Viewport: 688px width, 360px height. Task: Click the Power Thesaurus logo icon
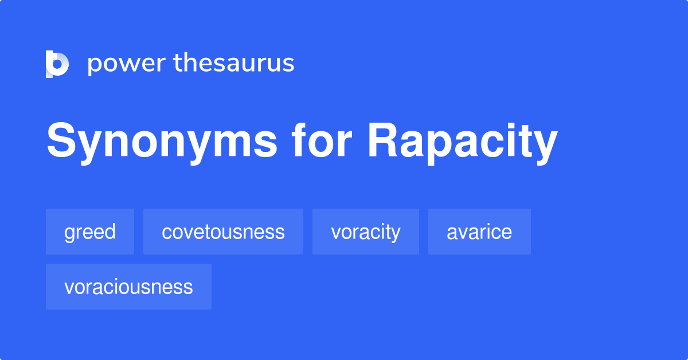57,64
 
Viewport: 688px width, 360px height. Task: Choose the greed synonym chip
90,232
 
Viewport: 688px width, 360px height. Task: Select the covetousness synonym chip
223,232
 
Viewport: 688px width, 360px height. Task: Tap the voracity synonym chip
366,232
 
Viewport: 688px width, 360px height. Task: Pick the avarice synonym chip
479,232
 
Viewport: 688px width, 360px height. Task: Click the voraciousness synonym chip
128,287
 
